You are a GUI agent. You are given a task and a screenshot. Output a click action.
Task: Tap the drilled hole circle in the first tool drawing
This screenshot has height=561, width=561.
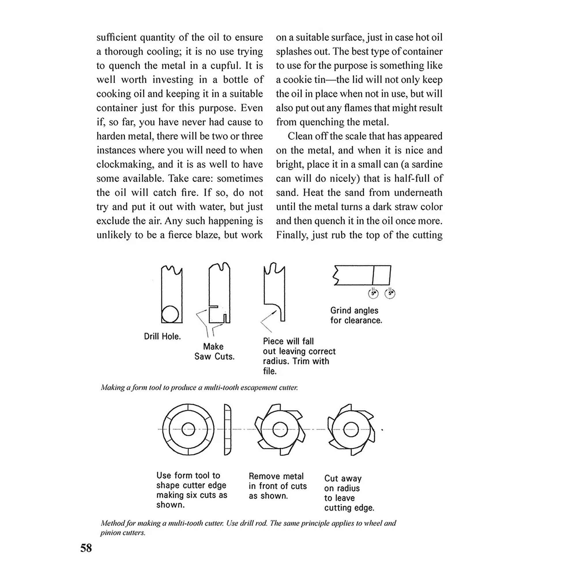(x=170, y=314)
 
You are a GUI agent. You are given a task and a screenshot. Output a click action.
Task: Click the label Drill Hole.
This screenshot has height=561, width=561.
(x=162, y=336)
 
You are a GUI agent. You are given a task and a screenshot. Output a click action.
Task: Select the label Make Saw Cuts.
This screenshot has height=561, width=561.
(x=214, y=351)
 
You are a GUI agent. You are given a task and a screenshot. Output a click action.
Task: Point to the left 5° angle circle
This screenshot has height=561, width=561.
(x=373, y=293)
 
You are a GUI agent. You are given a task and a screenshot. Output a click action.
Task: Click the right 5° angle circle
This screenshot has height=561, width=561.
(x=390, y=293)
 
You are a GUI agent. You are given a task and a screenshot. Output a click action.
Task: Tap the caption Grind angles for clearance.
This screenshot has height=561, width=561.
(x=356, y=315)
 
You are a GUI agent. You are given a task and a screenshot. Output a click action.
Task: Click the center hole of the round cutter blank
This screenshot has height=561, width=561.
(x=188, y=430)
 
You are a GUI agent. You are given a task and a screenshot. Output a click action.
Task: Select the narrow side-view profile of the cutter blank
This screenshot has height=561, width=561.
(x=228, y=430)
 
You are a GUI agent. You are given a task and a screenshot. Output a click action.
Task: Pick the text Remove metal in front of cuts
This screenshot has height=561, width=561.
(x=277, y=486)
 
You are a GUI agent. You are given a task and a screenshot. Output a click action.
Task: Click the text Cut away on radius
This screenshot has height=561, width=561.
(x=343, y=483)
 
